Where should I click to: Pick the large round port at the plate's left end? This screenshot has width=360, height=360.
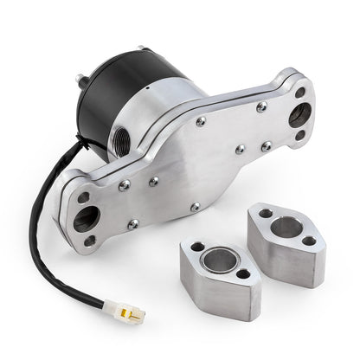point(87,218)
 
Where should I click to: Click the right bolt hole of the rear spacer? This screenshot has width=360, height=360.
point(309,243)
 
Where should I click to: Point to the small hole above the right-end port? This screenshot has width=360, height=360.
point(299,92)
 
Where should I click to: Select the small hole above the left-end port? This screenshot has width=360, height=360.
point(84,197)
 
